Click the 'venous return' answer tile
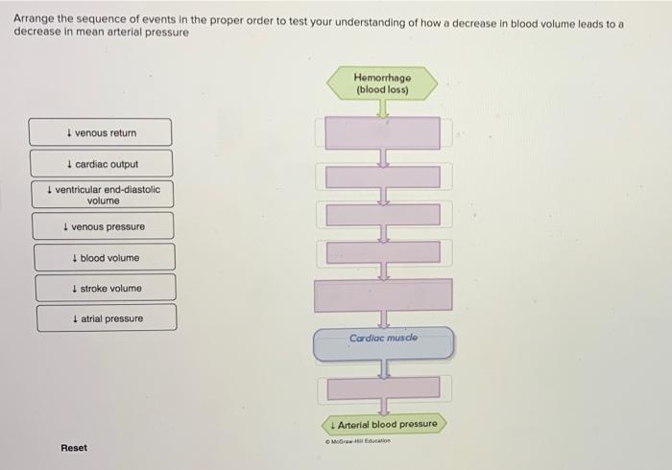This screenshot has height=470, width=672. [x=101, y=132]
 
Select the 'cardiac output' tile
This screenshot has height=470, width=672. [x=102, y=164]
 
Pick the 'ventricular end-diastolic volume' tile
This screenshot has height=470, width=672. [x=103, y=195]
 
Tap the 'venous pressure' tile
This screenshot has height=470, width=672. [x=104, y=226]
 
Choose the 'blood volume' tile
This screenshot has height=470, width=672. [x=105, y=258]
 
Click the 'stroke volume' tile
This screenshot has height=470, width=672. [x=106, y=289]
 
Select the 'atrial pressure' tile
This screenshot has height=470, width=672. [x=107, y=318]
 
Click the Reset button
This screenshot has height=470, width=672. [x=74, y=448]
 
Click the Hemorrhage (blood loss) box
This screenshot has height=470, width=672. [x=382, y=83]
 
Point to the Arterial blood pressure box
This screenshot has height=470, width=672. [x=383, y=424]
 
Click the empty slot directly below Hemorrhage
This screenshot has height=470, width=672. [x=382, y=132]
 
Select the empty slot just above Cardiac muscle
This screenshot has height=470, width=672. [x=383, y=294]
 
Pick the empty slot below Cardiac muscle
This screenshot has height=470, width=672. [x=383, y=387]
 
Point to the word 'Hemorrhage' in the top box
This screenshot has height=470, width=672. [x=382, y=78]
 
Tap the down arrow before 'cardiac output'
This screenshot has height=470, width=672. [x=71, y=164]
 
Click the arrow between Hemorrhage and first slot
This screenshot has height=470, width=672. [x=382, y=108]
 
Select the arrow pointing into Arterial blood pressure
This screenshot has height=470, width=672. [x=383, y=407]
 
